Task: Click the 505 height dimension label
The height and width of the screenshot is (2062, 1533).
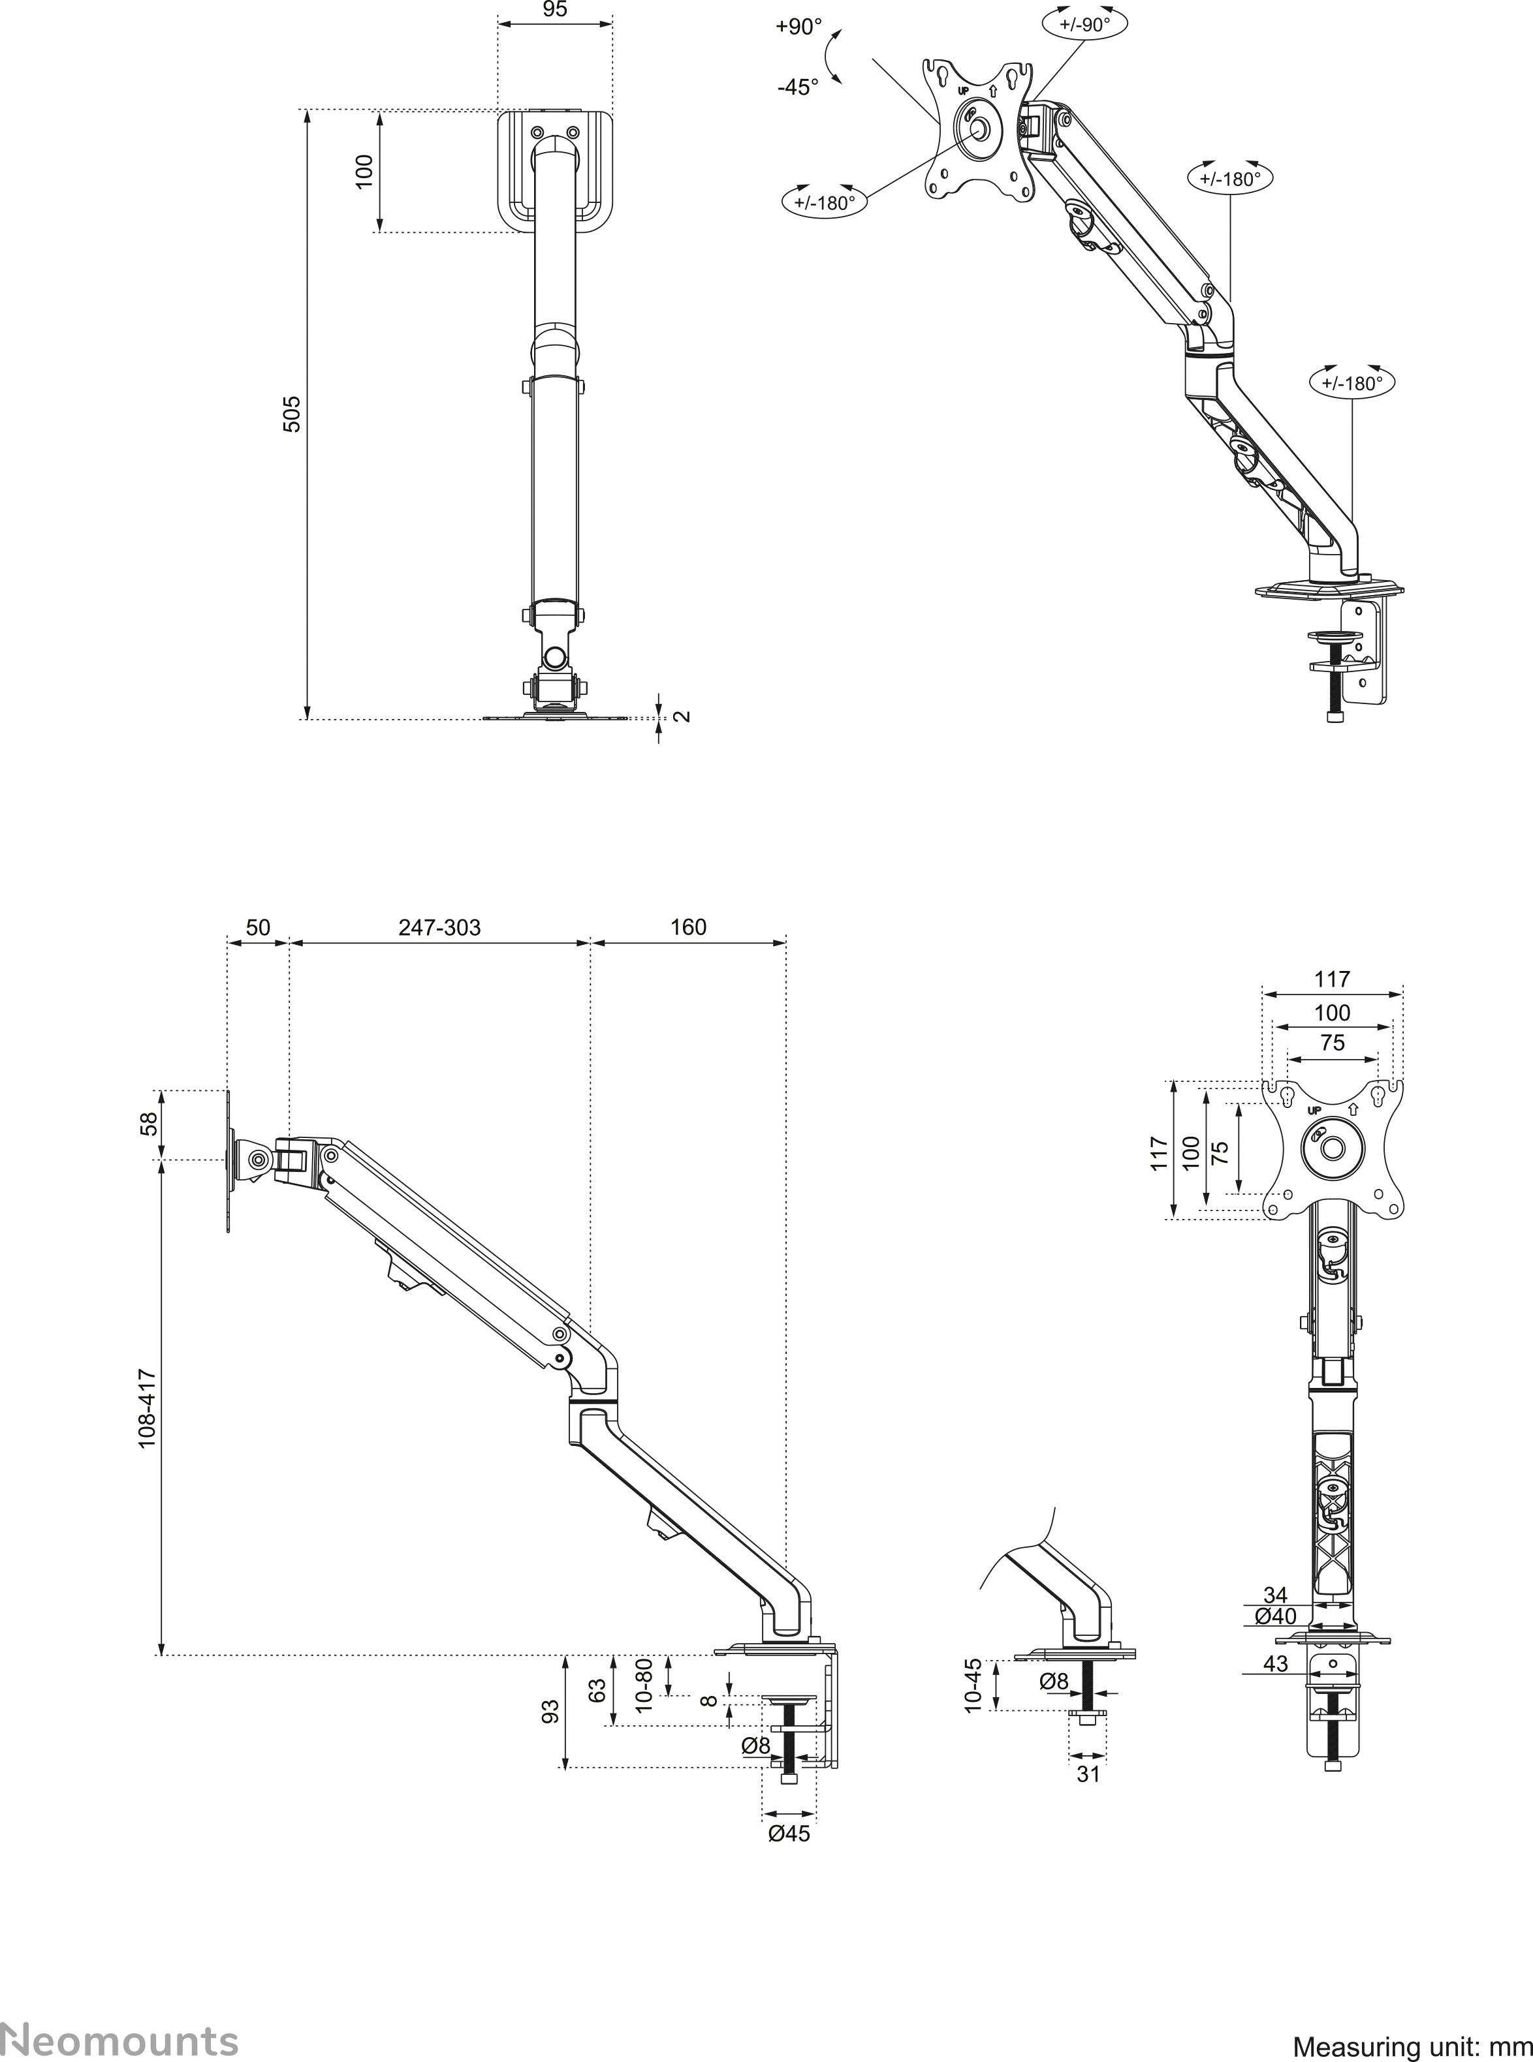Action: (x=291, y=414)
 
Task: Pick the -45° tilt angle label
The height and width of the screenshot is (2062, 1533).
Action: (x=798, y=87)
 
